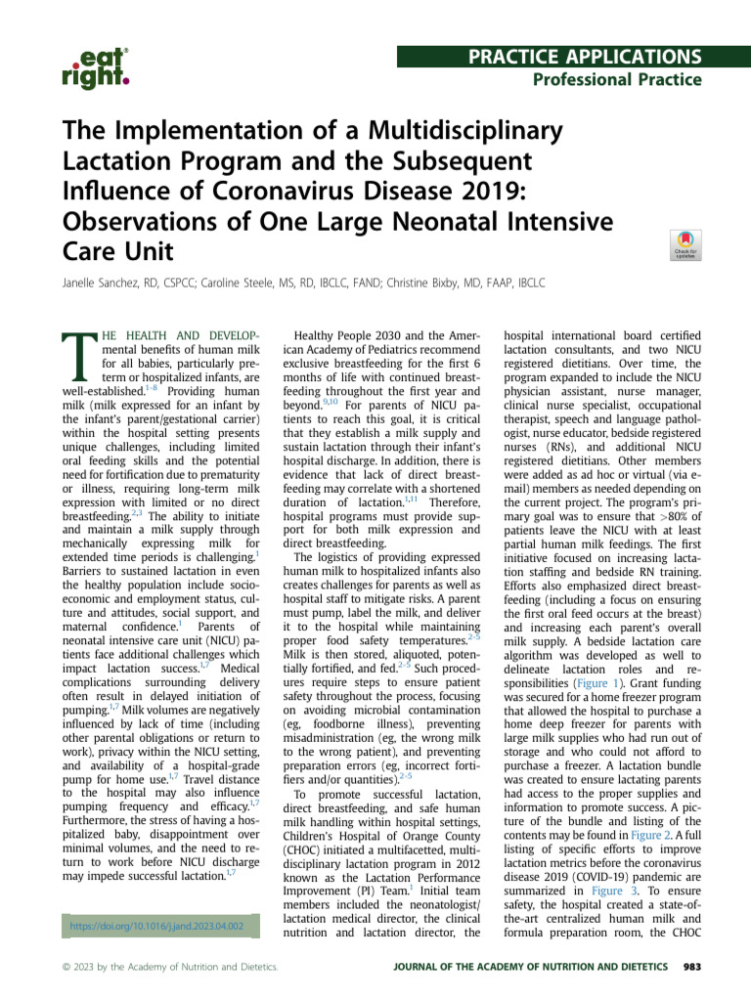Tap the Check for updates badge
pos(684,245)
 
